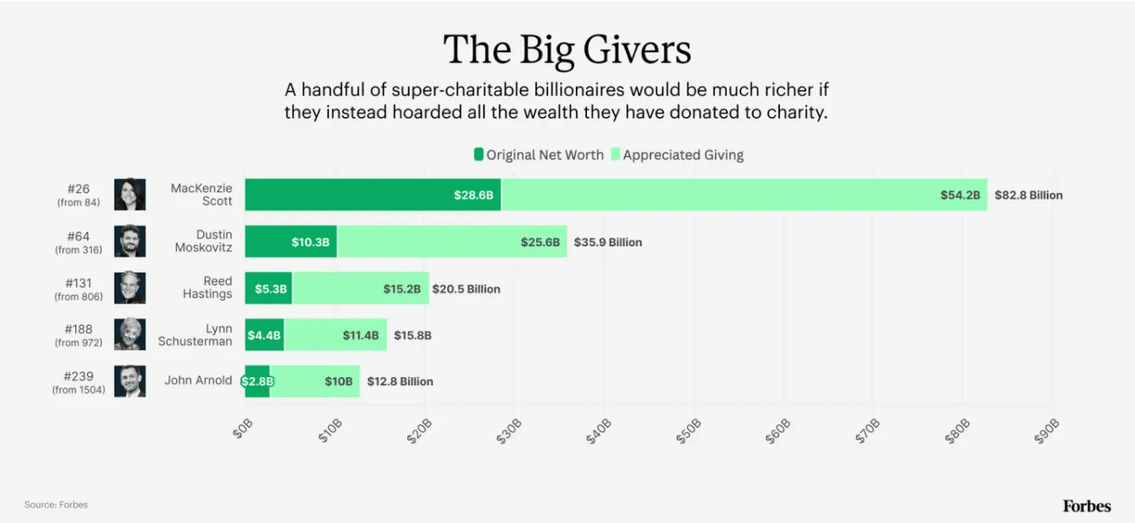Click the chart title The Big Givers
coord(567,50)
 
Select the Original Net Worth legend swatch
coord(478,155)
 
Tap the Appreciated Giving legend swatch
coord(615,155)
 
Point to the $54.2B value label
coord(960,195)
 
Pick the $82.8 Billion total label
coord(1028,195)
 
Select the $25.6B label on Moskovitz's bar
coord(540,243)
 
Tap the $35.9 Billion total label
coord(607,243)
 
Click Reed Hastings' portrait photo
coord(130,288)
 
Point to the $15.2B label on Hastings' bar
coord(401,289)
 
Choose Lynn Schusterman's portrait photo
coord(130,334)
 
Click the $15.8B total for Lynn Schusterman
coord(412,335)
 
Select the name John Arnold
coord(198,381)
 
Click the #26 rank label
coord(78,189)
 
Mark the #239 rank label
coord(78,376)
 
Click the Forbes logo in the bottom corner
coord(1086,506)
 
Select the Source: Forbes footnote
coord(56,505)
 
